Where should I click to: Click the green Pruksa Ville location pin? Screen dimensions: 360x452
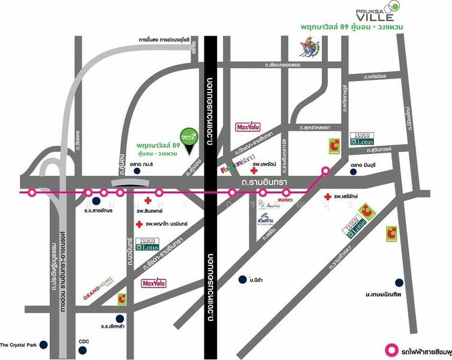click(x=188, y=136)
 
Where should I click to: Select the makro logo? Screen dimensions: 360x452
click(x=284, y=199)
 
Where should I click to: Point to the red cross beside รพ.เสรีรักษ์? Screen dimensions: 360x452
click(x=327, y=197)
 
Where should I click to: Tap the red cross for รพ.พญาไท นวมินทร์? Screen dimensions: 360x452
click(x=139, y=224)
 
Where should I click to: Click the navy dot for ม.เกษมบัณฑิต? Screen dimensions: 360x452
click(x=399, y=283)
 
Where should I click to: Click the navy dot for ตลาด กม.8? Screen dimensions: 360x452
click(x=138, y=171)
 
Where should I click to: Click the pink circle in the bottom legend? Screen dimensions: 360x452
click(x=391, y=348)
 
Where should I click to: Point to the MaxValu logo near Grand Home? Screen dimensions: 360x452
click(x=153, y=282)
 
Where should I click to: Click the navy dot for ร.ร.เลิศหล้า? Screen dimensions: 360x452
click(x=120, y=318)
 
